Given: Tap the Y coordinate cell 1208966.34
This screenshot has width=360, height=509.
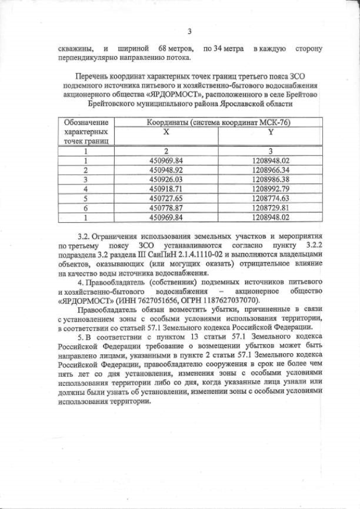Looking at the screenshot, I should (271, 170).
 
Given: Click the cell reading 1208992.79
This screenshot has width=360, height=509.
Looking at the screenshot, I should (271, 188).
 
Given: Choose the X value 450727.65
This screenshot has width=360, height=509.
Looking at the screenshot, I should (166, 198).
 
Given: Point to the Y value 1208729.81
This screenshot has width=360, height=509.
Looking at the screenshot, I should (271, 208).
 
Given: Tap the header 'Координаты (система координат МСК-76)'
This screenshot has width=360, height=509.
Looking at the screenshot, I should (218, 122).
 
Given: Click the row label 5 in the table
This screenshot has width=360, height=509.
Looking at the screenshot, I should (87, 198).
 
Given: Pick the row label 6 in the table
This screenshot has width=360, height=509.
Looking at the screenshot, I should (87, 208).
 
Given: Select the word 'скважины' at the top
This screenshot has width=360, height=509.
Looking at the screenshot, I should (76, 49).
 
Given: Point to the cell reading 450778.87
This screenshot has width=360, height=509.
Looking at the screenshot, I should (166, 208).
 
